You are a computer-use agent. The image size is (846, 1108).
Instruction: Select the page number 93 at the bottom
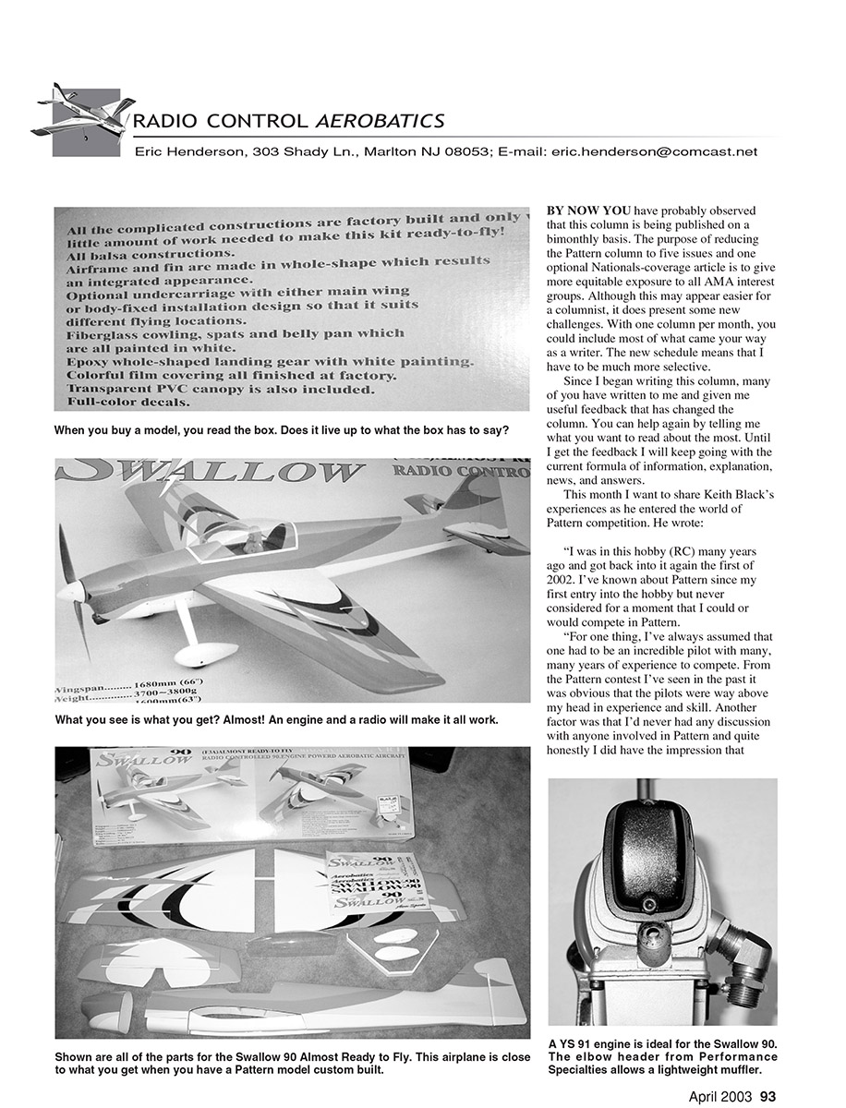click(x=767, y=1096)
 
